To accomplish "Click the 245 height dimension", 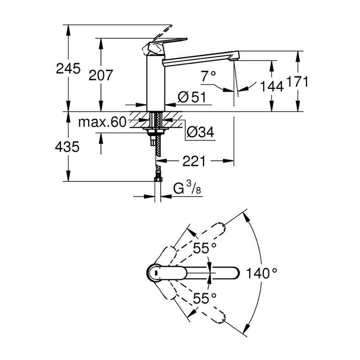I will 68,69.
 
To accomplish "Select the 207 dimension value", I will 101,75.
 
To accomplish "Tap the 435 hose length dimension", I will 68,147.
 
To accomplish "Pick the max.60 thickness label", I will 102,123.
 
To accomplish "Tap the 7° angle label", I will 208,77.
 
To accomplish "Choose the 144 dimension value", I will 271,87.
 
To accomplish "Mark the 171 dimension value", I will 298,82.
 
